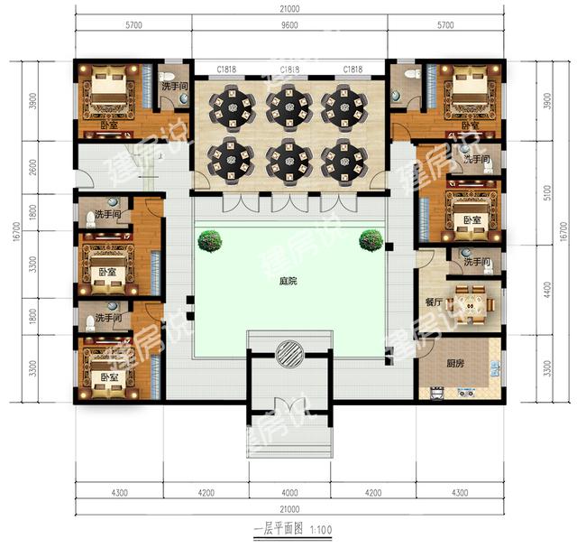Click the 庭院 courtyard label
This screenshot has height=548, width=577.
point(288,281)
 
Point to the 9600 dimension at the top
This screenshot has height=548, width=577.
point(288,27)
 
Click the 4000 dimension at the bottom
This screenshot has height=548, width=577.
point(288,493)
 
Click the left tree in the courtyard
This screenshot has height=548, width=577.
point(211,239)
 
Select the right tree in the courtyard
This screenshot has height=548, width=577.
point(370,239)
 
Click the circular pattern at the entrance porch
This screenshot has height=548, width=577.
point(288,353)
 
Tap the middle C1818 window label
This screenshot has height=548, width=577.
point(289,70)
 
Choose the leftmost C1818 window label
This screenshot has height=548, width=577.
point(227,70)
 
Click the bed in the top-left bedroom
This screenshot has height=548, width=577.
point(107,95)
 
